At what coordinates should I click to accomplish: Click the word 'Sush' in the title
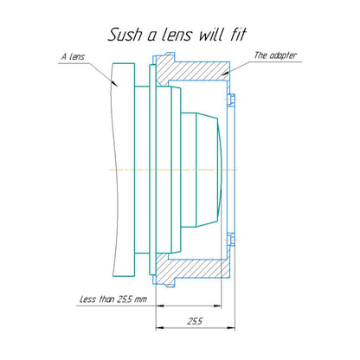[125, 35]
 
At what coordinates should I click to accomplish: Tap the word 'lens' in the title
[177, 35]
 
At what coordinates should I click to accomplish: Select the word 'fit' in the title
[238, 35]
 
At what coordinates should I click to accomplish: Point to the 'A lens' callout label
[73, 56]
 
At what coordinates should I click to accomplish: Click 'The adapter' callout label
[275, 55]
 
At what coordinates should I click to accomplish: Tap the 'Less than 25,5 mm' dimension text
[113, 299]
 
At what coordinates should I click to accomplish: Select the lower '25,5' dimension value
[196, 321]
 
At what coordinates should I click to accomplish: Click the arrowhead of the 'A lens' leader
[114, 83]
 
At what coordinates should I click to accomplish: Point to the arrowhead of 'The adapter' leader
[225, 74]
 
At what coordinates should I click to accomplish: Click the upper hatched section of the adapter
[193, 71]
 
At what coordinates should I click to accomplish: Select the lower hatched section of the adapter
[193, 269]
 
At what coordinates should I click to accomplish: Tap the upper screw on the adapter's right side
[230, 100]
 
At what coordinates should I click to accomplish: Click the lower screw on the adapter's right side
[230, 240]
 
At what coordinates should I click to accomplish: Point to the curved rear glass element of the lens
[220, 170]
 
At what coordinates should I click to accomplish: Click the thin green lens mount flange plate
[153, 170]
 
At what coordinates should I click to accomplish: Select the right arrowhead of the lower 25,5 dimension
[232, 328]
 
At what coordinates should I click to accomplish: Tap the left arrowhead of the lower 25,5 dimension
[159, 328]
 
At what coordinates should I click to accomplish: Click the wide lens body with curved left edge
[123, 170]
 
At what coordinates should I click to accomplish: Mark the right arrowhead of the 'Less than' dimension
[218, 305]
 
